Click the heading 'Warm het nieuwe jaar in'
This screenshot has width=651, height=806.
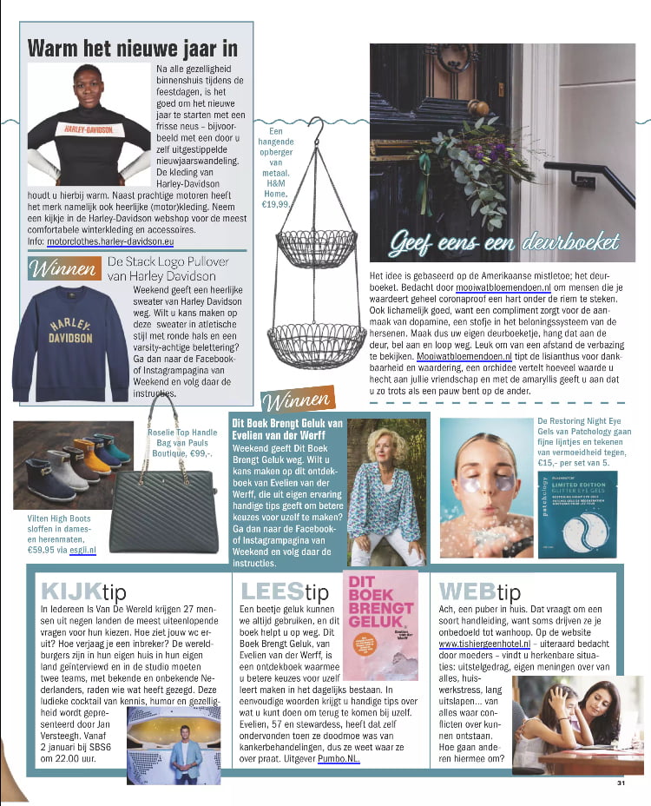(x=132, y=48)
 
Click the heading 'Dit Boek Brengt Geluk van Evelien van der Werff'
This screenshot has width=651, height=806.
(x=286, y=426)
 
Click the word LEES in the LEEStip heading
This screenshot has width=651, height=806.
(x=272, y=591)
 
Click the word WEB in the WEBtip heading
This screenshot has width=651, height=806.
(x=468, y=591)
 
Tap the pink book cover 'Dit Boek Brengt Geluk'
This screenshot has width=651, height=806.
(x=381, y=625)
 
